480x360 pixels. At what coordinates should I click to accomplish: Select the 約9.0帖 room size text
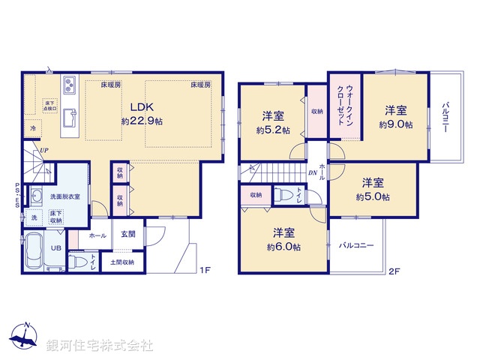[x=395, y=124]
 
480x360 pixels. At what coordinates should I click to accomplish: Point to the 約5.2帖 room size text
[x=273, y=129]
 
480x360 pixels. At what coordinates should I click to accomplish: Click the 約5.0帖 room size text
[x=373, y=197]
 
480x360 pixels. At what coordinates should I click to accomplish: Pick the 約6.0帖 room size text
[x=284, y=247]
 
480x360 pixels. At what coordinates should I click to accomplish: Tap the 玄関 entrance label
[x=127, y=234]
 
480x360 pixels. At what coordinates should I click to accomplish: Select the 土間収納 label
[x=122, y=262]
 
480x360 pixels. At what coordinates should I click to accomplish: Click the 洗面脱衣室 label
[x=64, y=196]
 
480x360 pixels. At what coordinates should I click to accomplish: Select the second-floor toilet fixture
[x=284, y=195]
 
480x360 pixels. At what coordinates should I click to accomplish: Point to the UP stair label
[x=45, y=149]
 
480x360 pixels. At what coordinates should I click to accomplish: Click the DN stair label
[x=312, y=172]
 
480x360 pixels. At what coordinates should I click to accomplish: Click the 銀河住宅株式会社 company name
[x=99, y=346]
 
